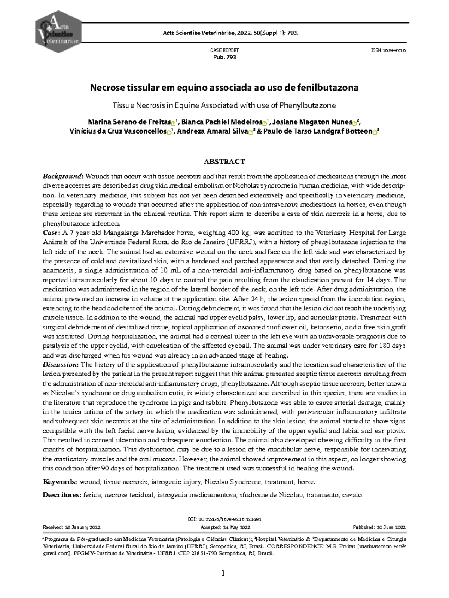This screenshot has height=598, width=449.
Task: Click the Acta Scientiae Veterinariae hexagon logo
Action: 58,31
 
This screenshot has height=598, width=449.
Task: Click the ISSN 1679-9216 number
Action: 388,50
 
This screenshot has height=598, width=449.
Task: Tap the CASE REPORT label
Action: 224,50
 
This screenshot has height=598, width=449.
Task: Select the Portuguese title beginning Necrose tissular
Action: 224,88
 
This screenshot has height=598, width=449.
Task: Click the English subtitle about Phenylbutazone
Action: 224,105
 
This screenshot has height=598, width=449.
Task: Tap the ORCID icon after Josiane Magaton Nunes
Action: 355,123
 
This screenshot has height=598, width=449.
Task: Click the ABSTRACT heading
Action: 224,162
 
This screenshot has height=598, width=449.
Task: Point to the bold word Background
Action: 62,176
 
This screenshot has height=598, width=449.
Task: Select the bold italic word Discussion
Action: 60,364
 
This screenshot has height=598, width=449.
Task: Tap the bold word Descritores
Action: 62,495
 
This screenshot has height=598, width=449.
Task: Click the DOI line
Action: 224,519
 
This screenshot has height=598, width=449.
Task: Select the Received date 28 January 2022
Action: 72,527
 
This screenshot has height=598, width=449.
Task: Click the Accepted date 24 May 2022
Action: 225,527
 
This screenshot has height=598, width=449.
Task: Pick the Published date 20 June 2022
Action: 379,527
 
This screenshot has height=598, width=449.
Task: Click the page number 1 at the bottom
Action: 223,573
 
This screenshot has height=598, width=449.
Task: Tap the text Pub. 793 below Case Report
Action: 224,57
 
